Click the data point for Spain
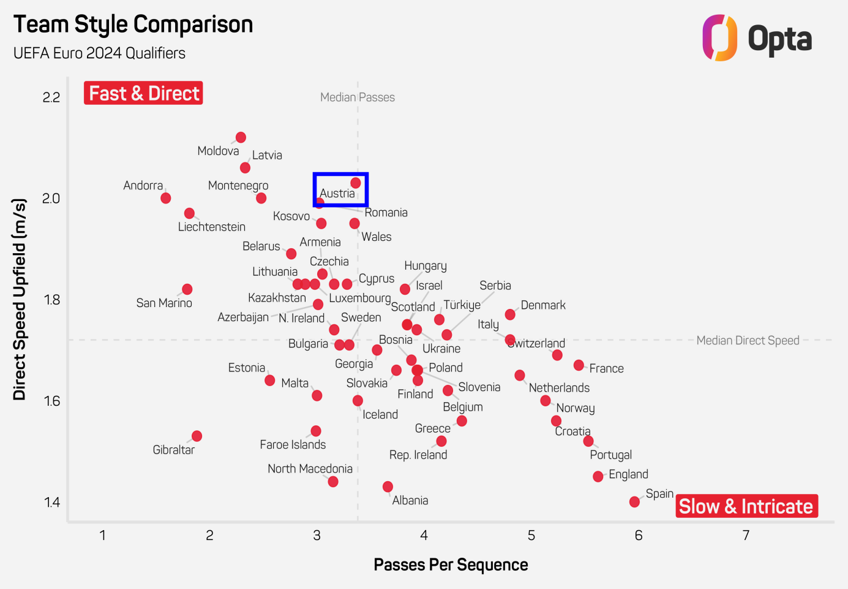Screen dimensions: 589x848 (x=634, y=502)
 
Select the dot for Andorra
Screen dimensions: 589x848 (x=165, y=198)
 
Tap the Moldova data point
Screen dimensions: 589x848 (x=241, y=137)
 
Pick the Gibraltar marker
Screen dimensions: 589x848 (x=197, y=436)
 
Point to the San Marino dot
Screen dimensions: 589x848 (x=187, y=289)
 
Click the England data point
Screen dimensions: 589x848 (x=598, y=476)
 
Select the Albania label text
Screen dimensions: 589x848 (x=410, y=500)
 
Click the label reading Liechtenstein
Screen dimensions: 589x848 (x=212, y=227)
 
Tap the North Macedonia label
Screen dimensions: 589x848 (x=310, y=469)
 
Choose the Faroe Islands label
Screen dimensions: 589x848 (x=293, y=444)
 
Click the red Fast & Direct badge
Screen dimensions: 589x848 (x=143, y=93)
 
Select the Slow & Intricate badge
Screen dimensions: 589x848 (x=746, y=506)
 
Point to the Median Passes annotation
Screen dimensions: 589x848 (x=358, y=97)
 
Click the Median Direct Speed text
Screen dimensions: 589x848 (x=748, y=340)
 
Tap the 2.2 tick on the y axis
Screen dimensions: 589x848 (x=51, y=97)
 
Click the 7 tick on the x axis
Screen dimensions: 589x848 (x=746, y=536)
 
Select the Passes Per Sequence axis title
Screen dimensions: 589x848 (x=451, y=564)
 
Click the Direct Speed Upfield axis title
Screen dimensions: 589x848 (x=20, y=299)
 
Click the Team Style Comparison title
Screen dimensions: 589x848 (x=133, y=25)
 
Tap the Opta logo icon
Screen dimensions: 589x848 (x=719, y=38)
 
